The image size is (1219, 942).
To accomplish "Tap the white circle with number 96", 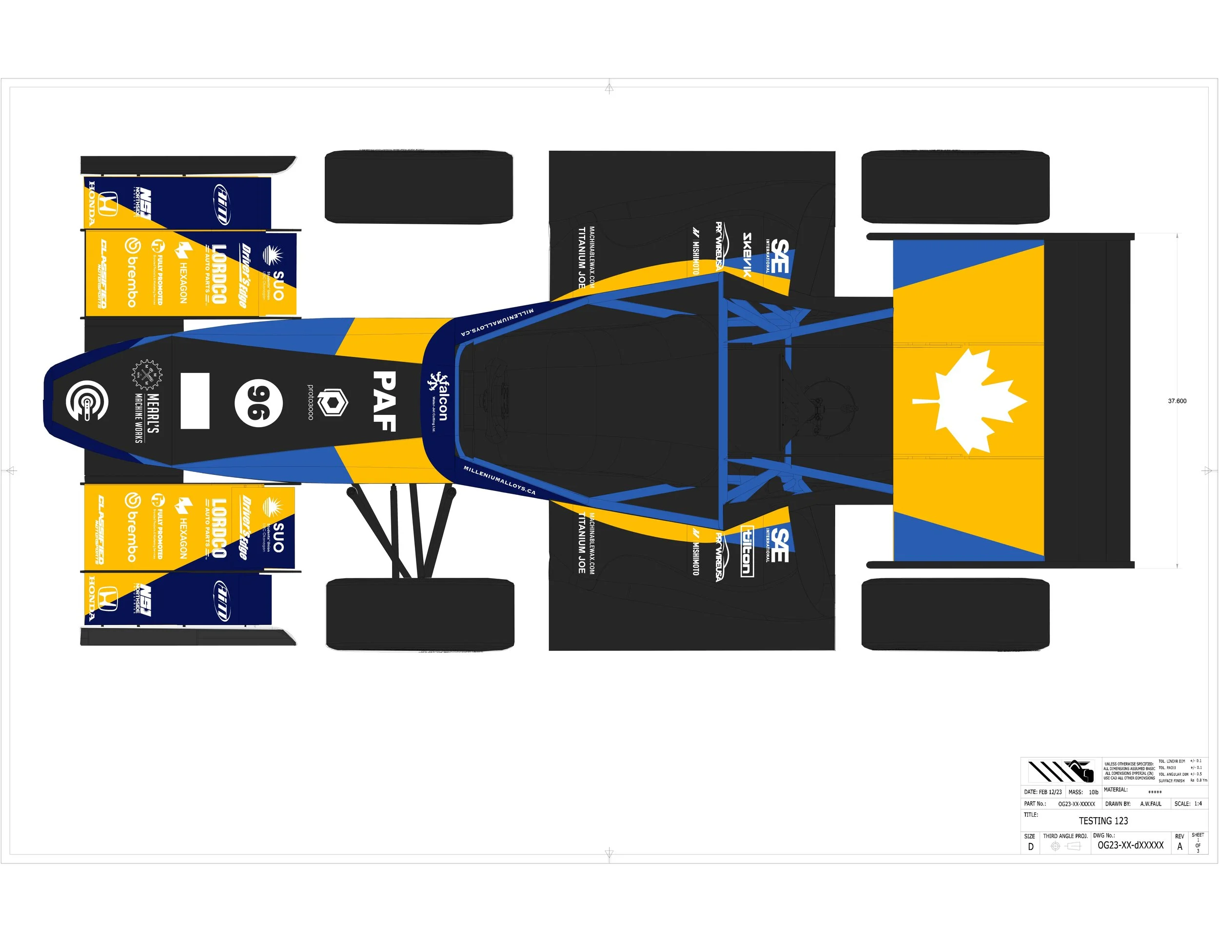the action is pos(258,403).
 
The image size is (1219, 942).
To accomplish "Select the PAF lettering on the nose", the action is pos(385,401).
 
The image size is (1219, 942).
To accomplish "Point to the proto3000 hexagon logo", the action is pos(333,402).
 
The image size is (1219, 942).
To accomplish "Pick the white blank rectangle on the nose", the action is pos(195,401).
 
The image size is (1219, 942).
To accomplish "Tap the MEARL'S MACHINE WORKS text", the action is pos(146,417).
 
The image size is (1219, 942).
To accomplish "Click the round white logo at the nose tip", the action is pos(86,401).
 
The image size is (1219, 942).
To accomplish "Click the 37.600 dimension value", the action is pos(1177,401).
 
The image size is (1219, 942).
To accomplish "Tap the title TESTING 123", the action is pos(1103,821).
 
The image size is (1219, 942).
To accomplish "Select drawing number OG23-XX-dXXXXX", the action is pos(1130,845).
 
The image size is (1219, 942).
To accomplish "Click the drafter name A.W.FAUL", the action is pos(1150,804).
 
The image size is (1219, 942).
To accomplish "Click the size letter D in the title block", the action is pos(1030,846).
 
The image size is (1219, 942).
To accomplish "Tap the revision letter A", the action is pos(1180,846).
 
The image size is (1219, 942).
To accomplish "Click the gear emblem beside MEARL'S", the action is pos(146,375).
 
